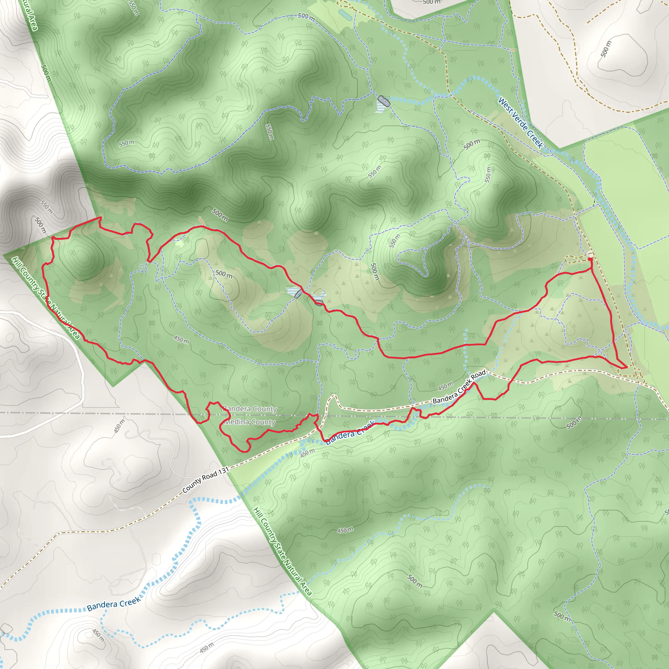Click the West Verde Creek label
tap(520, 122)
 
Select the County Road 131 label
tap(206, 480)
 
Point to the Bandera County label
tap(249, 409)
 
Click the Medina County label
tap(250, 422)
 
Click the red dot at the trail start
tap(590, 259)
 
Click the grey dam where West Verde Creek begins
tap(383, 101)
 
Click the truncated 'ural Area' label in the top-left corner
tap(30, 16)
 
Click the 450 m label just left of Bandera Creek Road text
tap(445, 385)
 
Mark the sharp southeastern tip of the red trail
tap(627, 367)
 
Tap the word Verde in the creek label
tap(520, 122)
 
